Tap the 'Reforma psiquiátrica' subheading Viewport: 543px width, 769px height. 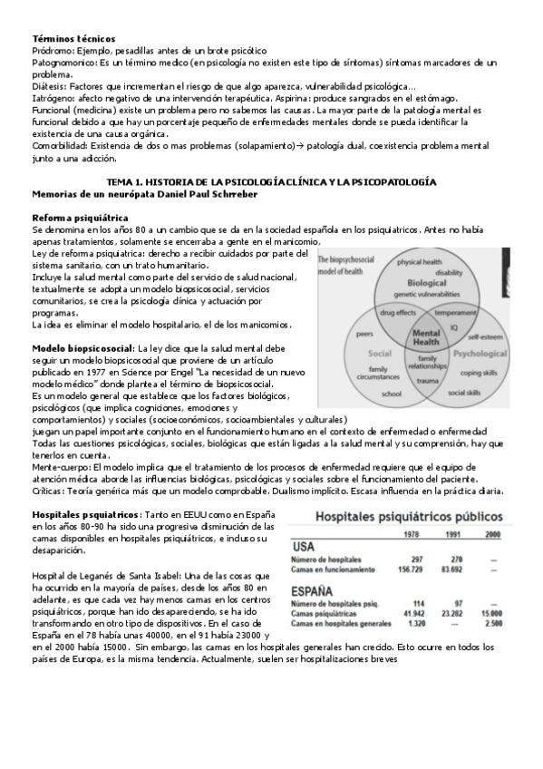[x=80, y=219]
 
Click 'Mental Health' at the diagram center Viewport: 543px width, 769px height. [x=426, y=338]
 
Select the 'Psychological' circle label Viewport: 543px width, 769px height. [x=480, y=354]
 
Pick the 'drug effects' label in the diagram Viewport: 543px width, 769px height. [x=397, y=312]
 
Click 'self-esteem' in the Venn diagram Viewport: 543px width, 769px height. [x=484, y=335]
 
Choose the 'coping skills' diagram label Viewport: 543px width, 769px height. [x=483, y=372]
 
